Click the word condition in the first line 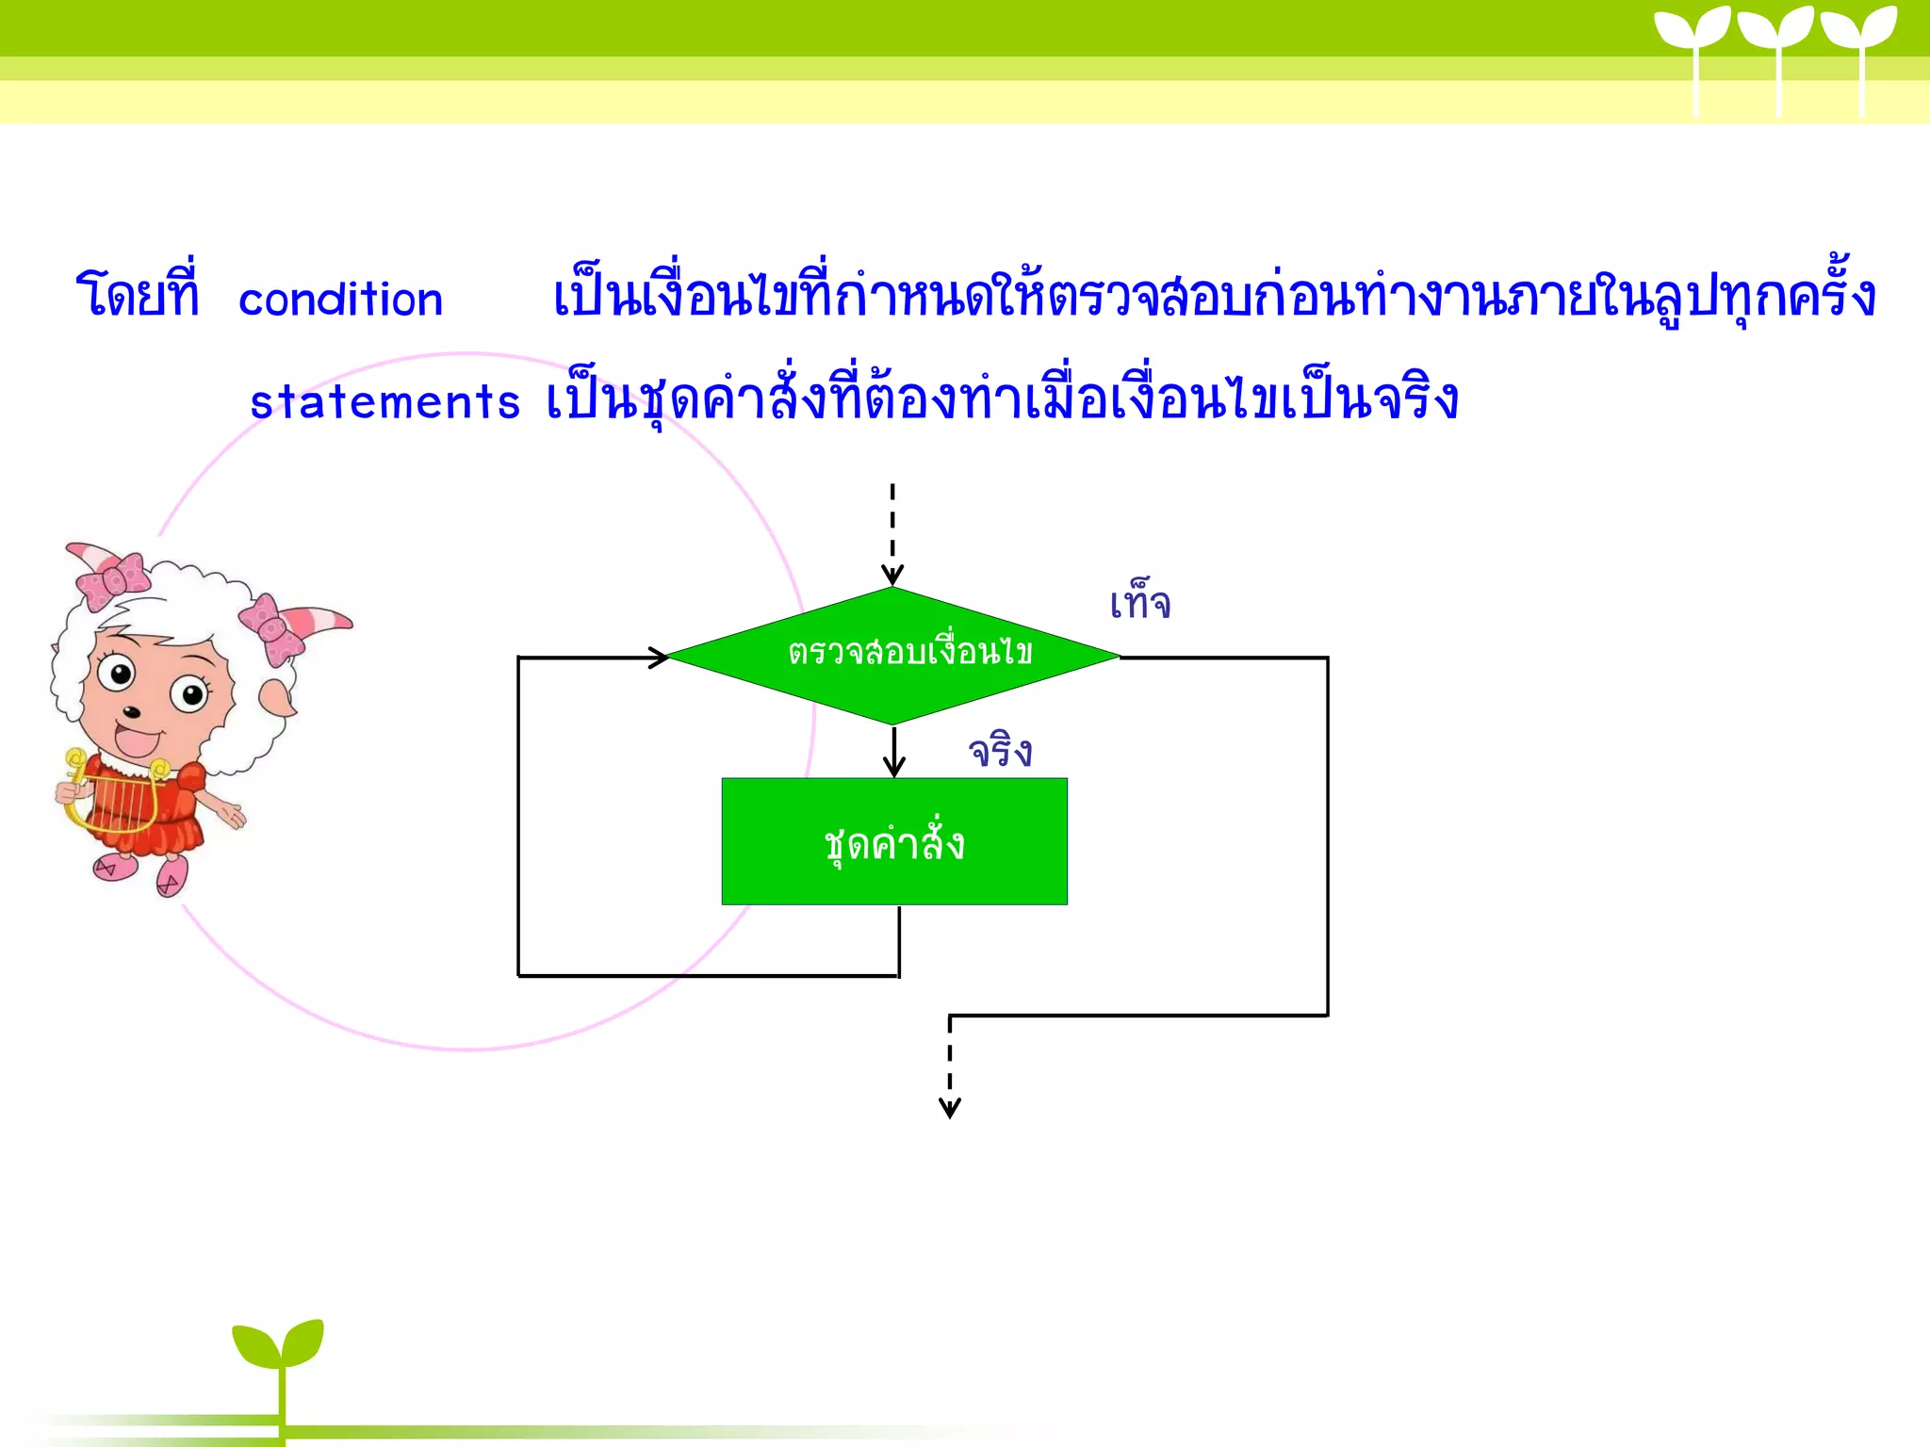click(340, 301)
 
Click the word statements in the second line click(384, 402)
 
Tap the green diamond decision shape click(893, 655)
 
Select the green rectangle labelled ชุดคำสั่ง click(894, 841)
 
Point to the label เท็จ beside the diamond click(1140, 603)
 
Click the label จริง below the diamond click(1001, 752)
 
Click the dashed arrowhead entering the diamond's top click(892, 575)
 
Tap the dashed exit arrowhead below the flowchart click(950, 1108)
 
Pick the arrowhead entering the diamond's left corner click(658, 658)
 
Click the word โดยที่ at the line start click(138, 294)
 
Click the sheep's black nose click(132, 712)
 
